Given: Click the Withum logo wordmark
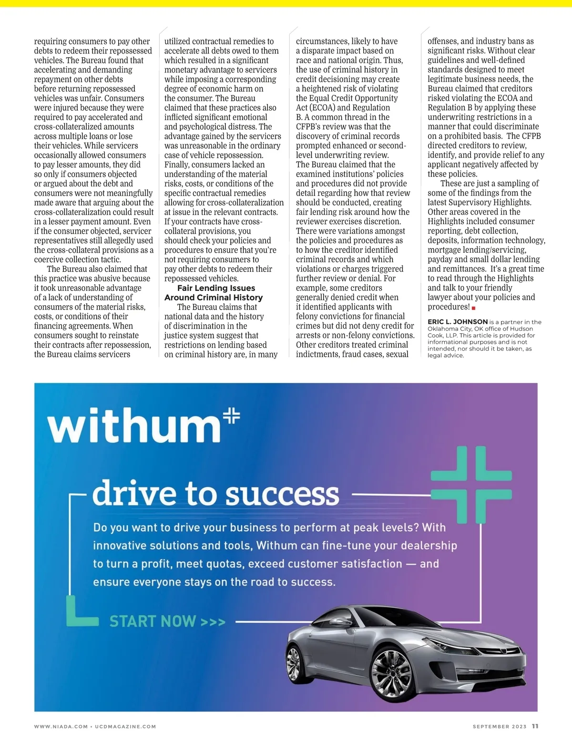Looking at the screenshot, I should [134, 425].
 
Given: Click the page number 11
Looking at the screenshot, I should [535, 726].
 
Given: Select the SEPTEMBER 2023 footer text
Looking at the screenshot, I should [499, 726].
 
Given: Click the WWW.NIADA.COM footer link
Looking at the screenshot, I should [61, 726].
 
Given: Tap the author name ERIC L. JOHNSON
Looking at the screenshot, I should [457, 322].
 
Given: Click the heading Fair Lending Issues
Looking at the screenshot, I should [216, 288].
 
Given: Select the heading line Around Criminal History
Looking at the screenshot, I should [214, 298].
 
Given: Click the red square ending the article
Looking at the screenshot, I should [473, 308].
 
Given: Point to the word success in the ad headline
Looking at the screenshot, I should [282, 495].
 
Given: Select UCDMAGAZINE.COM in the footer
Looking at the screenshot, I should [125, 726].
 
